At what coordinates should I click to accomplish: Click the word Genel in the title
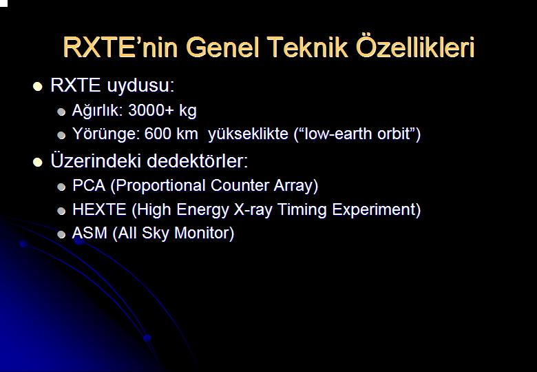(222, 48)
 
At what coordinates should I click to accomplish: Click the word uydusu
(140, 85)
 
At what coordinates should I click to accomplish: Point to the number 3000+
(151, 110)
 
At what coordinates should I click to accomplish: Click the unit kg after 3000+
(188, 112)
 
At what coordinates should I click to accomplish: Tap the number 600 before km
(158, 134)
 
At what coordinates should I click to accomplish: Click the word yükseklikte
(249, 134)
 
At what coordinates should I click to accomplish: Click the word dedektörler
(198, 161)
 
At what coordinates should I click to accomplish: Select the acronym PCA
(89, 185)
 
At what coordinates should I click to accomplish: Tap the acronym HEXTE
(99, 209)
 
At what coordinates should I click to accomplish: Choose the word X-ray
(253, 210)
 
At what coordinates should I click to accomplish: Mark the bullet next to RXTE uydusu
(38, 86)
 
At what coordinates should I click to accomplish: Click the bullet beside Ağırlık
(61, 112)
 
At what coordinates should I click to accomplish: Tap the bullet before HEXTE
(61, 211)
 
